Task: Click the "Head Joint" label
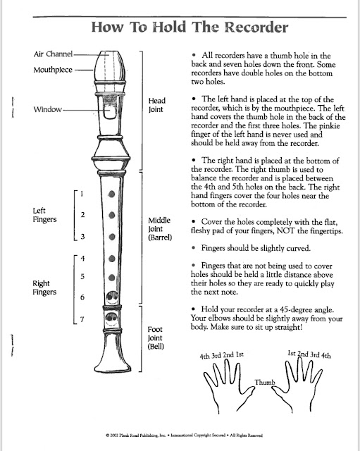(x=156, y=106)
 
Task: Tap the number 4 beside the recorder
(x=82, y=258)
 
